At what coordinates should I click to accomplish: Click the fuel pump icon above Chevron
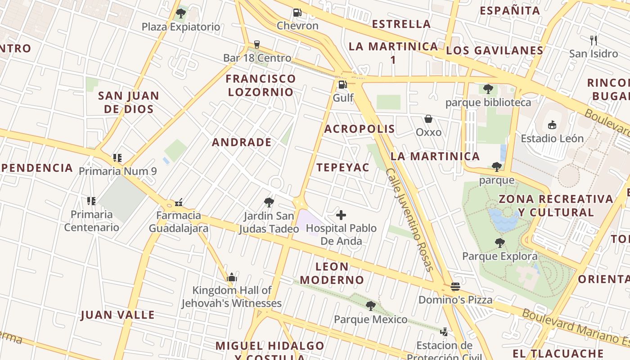pyautogui.click(x=297, y=13)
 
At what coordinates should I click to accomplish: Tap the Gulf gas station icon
pyautogui.click(x=343, y=84)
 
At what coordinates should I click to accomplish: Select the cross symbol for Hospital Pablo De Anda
pyautogui.click(x=342, y=215)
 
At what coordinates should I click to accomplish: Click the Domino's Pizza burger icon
pyautogui.click(x=455, y=286)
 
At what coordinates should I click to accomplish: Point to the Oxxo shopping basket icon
pyautogui.click(x=428, y=119)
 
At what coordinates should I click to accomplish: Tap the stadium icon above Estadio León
pyautogui.click(x=552, y=125)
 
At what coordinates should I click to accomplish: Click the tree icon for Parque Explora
pyautogui.click(x=499, y=243)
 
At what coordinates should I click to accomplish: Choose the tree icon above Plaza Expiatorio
pyautogui.click(x=181, y=13)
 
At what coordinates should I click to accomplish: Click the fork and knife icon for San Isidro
pyautogui.click(x=594, y=40)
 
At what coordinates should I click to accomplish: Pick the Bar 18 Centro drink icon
pyautogui.click(x=257, y=44)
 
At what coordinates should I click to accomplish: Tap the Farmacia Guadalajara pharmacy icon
pyautogui.click(x=179, y=202)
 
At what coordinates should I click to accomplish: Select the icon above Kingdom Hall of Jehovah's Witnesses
pyautogui.click(x=232, y=277)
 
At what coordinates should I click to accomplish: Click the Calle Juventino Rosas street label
pyautogui.click(x=409, y=220)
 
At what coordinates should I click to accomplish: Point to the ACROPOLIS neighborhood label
pyautogui.click(x=360, y=129)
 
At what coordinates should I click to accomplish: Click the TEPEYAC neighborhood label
pyautogui.click(x=342, y=168)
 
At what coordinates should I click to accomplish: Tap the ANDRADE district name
pyautogui.click(x=242, y=143)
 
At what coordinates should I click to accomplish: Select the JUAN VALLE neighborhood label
pyautogui.click(x=117, y=315)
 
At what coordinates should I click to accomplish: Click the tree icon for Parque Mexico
pyautogui.click(x=370, y=306)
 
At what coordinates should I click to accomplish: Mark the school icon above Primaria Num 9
pyautogui.click(x=117, y=157)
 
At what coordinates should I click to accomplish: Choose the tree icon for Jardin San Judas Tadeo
pyautogui.click(x=269, y=202)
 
